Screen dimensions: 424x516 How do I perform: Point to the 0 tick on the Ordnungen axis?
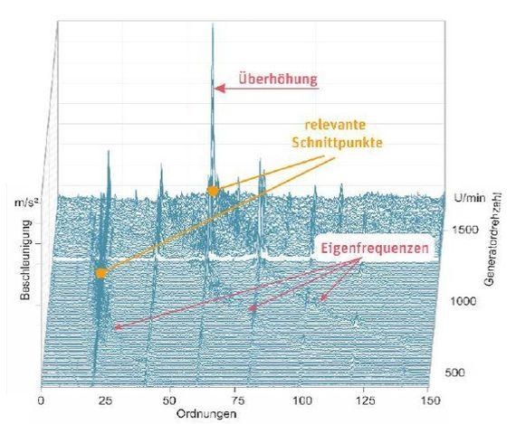point(42,399)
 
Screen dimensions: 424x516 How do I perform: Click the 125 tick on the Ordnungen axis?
point(362,399)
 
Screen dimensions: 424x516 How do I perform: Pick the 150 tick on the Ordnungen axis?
point(426,399)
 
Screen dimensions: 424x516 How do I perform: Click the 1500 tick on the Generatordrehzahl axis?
point(464,231)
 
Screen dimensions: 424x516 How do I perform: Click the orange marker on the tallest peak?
point(213,191)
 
